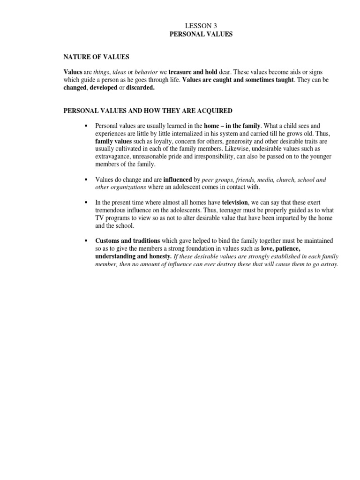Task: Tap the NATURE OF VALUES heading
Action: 96,57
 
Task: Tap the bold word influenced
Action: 178,180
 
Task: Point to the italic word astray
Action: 329,264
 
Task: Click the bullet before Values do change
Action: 86,180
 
